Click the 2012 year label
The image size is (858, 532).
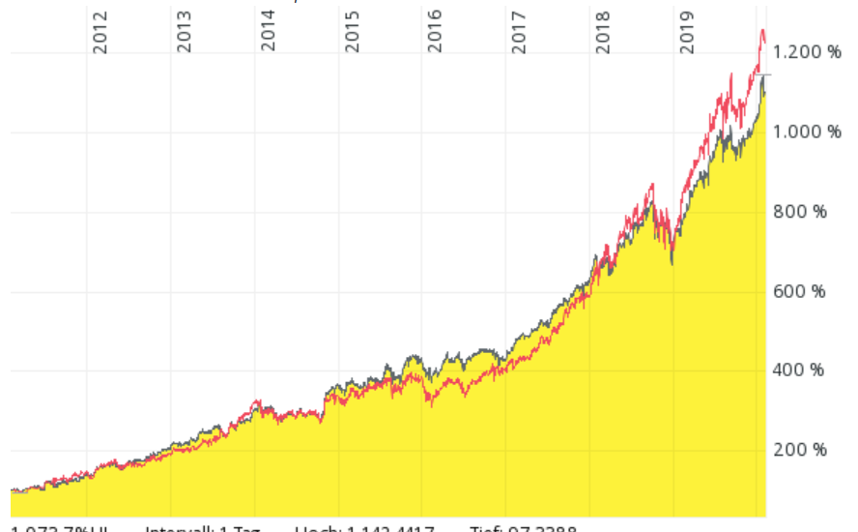100,32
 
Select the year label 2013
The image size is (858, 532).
185,32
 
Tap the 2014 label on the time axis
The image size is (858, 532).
269,32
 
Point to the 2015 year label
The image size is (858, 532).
353,32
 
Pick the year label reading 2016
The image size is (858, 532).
436,32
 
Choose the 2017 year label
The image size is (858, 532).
520,32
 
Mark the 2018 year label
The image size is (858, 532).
604,32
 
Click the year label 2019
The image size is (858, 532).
688,32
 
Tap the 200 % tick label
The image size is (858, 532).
800,450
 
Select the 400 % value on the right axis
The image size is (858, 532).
800,370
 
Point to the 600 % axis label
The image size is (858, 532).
800,291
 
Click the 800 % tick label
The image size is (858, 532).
800,212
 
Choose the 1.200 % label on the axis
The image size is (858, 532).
807,53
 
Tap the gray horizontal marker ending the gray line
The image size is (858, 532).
764,74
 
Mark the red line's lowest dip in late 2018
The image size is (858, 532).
672,259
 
